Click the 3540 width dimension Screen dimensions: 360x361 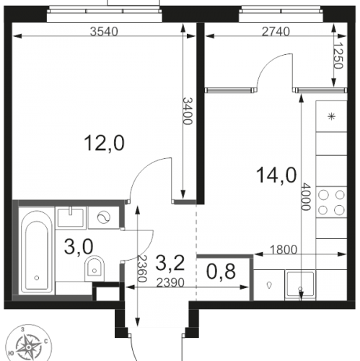[x=104, y=32]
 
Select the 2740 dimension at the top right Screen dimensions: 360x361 [x=276, y=32]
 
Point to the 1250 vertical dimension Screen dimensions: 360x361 [x=338, y=56]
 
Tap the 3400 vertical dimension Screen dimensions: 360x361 [x=188, y=111]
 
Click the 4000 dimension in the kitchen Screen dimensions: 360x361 [x=306, y=197]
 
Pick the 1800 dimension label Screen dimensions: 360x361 [x=284, y=250]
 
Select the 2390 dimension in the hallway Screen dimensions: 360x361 [x=170, y=283]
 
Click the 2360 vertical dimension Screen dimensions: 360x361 [x=141, y=269]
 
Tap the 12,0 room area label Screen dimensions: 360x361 [x=104, y=143]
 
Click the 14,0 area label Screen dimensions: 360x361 [x=276, y=175]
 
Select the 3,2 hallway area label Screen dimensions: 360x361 [x=170, y=263]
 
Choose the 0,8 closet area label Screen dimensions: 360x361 [x=221, y=271]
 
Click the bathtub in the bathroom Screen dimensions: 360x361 [x=37, y=252]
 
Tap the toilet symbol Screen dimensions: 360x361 [x=95, y=269]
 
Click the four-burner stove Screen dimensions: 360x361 [x=331, y=202]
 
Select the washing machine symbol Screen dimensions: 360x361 [x=104, y=217]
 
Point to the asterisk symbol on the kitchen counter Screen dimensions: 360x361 [x=331, y=117]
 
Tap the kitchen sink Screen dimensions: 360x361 [x=300, y=285]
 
